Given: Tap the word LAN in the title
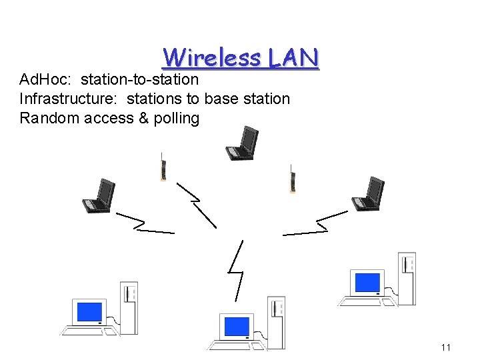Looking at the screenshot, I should click(x=294, y=57).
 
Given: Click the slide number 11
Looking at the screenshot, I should click(x=446, y=347).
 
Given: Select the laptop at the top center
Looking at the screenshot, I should click(x=241, y=143).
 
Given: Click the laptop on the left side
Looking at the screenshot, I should click(x=98, y=196).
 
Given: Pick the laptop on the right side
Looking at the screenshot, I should click(x=368, y=194).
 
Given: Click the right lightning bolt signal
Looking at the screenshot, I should click(x=316, y=223).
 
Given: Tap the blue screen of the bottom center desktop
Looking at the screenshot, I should click(x=236, y=326).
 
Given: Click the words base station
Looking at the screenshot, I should click(x=247, y=99).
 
